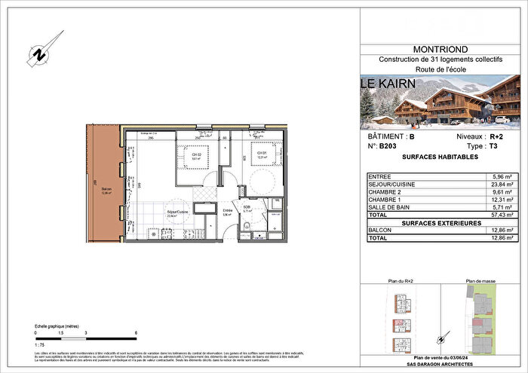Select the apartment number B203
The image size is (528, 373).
[x=387, y=148]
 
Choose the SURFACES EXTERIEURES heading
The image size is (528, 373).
[x=440, y=222]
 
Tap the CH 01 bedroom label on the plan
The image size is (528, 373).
[x=262, y=155]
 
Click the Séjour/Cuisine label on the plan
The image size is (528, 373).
[x=179, y=212]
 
